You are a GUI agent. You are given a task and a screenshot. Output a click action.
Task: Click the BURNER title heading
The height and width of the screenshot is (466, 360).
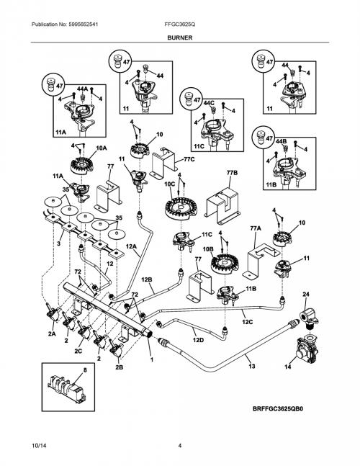(180, 37)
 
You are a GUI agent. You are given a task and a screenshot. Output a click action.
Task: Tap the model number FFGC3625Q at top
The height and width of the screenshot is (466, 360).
(180, 24)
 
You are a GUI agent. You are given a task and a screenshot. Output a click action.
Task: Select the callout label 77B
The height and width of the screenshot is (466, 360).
(232, 173)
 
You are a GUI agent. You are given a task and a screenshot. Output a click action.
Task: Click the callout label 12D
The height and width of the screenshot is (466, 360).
(198, 340)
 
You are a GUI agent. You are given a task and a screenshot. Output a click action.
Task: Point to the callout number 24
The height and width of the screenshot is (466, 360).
(306, 294)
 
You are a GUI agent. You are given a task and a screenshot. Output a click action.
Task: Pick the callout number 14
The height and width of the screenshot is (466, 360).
(288, 367)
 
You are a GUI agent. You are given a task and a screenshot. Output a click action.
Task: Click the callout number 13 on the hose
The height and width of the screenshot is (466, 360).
(252, 366)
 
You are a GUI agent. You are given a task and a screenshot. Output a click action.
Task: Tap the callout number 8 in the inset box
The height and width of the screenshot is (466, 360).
(85, 370)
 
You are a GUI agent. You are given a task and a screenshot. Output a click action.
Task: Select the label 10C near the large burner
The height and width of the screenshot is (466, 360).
(170, 184)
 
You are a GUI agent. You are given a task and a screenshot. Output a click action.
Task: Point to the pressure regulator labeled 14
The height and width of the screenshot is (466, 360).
(306, 350)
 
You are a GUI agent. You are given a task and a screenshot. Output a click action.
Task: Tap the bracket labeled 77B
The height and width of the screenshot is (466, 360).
(222, 205)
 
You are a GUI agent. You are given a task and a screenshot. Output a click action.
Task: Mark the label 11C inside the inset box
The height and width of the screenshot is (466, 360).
(199, 146)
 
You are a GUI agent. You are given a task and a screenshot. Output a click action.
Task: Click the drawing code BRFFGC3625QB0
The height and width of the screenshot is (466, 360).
(278, 409)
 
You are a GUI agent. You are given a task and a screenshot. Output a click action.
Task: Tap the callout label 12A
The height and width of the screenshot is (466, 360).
(131, 246)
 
